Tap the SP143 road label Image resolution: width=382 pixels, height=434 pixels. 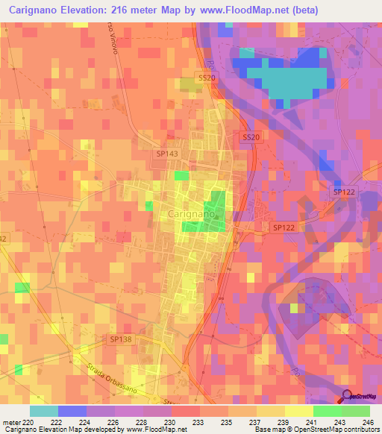click(168, 153)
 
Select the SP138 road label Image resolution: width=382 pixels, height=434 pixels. click(121, 339)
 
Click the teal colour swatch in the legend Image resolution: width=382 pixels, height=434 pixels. click(43, 411)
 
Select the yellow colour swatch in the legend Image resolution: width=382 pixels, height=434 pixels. click(298, 411)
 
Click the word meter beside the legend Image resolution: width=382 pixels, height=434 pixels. click(10, 421)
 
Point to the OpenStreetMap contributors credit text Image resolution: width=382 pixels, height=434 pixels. click(342, 430)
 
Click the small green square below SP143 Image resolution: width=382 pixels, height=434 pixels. click(181, 176)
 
